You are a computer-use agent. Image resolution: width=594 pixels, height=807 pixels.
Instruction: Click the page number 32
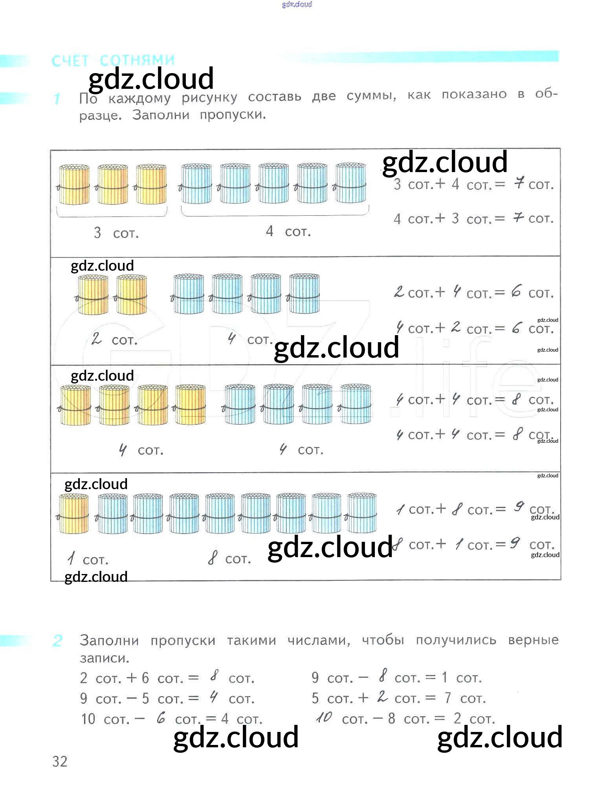pyautogui.click(x=60, y=761)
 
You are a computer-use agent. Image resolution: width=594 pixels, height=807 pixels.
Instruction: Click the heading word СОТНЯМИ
pyautogui.click(x=137, y=61)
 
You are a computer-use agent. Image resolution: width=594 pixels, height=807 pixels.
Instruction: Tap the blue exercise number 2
pyautogui.click(x=57, y=640)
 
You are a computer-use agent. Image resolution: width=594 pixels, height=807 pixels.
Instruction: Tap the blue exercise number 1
pyautogui.click(x=57, y=99)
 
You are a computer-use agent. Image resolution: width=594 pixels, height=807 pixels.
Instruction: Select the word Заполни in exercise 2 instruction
pyautogui.click(x=109, y=640)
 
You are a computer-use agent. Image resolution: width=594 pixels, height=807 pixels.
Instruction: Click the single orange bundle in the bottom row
pyautogui.click(x=74, y=514)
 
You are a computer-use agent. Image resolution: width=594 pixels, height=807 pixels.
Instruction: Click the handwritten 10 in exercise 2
pyautogui.click(x=324, y=717)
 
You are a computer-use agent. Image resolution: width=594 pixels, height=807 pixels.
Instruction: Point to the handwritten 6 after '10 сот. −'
pyautogui.click(x=161, y=718)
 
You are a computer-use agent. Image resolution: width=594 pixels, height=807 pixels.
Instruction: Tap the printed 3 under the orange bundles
pyautogui.click(x=97, y=233)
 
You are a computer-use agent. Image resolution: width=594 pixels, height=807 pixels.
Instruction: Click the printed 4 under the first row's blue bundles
pyautogui.click(x=269, y=231)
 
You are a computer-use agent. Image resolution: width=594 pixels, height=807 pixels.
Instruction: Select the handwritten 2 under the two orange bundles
pyautogui.click(x=96, y=339)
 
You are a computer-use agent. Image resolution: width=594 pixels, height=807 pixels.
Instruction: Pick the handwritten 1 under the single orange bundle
pyautogui.click(x=71, y=558)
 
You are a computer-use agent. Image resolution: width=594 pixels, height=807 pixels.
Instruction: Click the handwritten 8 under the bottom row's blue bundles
pyautogui.click(x=213, y=558)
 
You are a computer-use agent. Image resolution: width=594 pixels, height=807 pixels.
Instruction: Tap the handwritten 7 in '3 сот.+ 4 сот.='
pyautogui.click(x=519, y=183)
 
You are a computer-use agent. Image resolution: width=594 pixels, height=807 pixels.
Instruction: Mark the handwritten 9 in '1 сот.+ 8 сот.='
pyautogui.click(x=519, y=507)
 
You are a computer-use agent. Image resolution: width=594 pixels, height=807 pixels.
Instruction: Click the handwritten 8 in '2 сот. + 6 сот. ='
pyautogui.click(x=214, y=676)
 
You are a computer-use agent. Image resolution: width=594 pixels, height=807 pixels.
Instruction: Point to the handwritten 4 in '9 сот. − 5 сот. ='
pyautogui.click(x=214, y=697)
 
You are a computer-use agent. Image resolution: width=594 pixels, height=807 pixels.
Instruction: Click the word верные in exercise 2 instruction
pyautogui.click(x=533, y=640)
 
